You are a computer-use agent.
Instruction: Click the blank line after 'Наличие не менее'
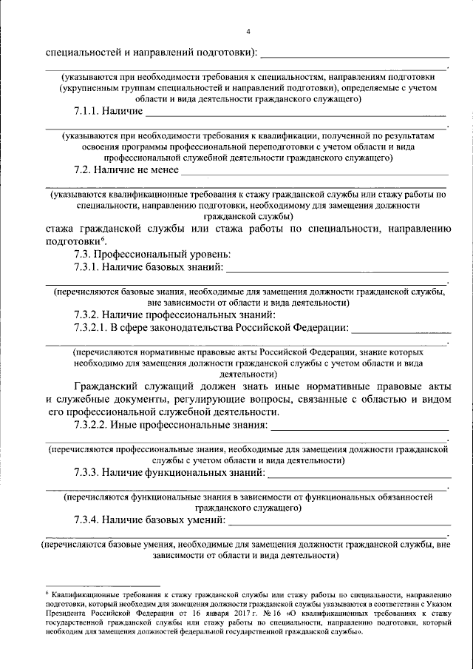315,172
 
